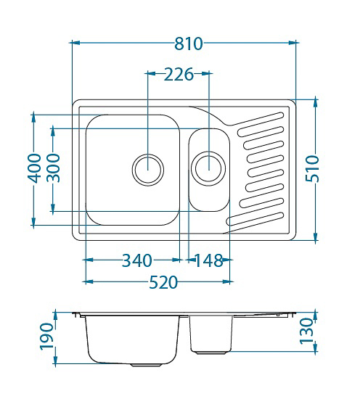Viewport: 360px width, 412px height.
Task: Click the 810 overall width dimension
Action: click(189, 44)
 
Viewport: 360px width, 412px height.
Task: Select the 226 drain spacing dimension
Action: click(179, 75)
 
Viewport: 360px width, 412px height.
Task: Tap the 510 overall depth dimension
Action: click(312, 168)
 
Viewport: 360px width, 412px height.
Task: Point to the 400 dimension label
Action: click(34, 168)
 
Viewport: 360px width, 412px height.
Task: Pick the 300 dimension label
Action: click(53, 168)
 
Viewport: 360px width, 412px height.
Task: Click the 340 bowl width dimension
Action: click(137, 260)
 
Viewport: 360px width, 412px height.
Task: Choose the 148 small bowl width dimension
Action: click(209, 260)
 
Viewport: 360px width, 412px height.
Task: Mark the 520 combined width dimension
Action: click(163, 282)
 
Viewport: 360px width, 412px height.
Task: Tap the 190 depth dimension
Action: click(46, 337)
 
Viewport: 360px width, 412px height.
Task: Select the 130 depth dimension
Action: click(306, 331)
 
